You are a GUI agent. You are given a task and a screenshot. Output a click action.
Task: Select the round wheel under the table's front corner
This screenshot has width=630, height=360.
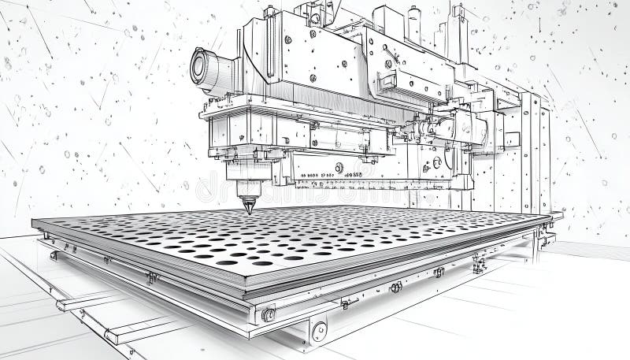coord(318,331)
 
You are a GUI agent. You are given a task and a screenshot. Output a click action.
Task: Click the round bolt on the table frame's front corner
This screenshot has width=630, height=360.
coord(269,315)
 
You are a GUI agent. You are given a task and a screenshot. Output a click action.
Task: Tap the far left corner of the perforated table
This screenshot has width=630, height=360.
coord(35,222)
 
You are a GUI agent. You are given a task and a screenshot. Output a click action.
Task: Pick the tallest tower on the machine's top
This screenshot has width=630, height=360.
coord(456,24)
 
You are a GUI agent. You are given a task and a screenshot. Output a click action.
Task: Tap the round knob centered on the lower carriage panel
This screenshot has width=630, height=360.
coord(339,167)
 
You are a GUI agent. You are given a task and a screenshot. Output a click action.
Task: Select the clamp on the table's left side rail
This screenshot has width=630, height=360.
coord(152,277)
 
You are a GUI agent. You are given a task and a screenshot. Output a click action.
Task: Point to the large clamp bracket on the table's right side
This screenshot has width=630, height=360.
coord(478,265)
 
